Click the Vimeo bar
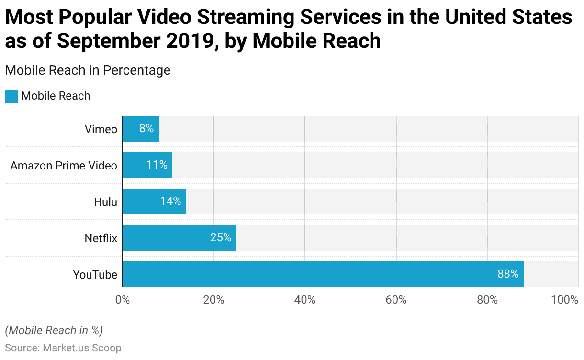coord(141,129)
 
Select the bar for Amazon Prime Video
coord(147,165)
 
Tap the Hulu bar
coord(154,202)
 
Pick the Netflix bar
coord(180,238)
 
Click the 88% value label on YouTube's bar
coord(508,274)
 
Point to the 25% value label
coord(221,238)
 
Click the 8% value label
coord(146,129)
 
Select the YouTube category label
coord(95,275)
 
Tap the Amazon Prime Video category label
coord(64,166)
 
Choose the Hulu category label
coord(105,202)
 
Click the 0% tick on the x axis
coord(123,300)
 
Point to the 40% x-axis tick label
coord(305,300)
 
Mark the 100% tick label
coord(565,300)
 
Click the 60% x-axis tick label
coord(396,300)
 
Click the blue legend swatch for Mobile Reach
coord(11,96)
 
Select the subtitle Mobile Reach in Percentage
coord(88,70)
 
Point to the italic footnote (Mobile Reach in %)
coord(54,330)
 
